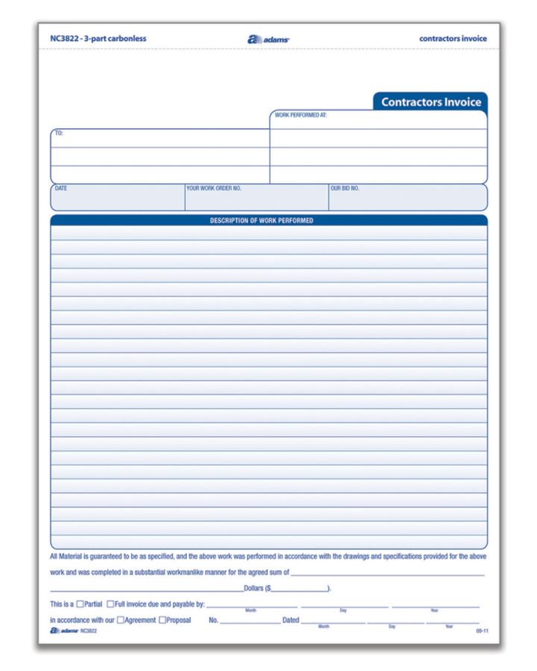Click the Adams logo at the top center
[268, 39]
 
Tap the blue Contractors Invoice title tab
[430, 102]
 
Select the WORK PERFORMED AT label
[301, 116]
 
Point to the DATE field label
[61, 189]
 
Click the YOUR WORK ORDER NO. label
[214, 189]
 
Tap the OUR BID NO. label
[345, 189]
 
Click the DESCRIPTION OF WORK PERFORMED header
[261, 221]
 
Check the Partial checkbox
[80, 604]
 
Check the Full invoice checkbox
[110, 604]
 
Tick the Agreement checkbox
[120, 620]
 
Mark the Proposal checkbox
[162, 620]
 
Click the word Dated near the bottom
[290, 620]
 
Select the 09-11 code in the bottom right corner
[482, 631]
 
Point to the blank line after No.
[250, 621]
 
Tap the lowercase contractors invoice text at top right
[453, 39]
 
